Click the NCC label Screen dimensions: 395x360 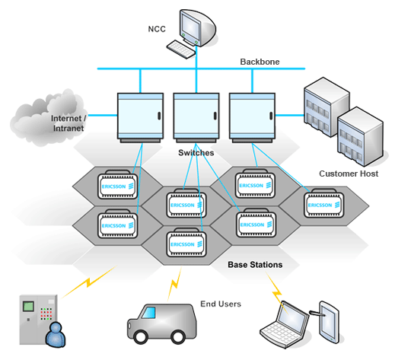157,29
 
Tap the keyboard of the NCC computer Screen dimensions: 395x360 181,49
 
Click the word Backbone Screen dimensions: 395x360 260,62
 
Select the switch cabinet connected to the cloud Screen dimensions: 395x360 140,117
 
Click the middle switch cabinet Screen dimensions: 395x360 196,117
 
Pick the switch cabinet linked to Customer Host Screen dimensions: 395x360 252,117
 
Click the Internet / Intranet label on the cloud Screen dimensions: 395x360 68,123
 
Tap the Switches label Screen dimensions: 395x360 196,153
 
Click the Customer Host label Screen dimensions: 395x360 349,174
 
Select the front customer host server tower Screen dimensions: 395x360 360,137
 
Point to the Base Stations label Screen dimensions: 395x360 255,265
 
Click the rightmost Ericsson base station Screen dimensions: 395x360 324,203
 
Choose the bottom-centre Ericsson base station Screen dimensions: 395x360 186,242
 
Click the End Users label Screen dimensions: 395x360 221,304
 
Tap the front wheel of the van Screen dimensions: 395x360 140,336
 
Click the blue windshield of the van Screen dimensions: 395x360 149,313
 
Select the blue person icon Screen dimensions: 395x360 56,334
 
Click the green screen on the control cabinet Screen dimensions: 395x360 28,306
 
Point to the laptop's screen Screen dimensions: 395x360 292,315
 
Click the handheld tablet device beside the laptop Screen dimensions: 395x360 329,322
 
